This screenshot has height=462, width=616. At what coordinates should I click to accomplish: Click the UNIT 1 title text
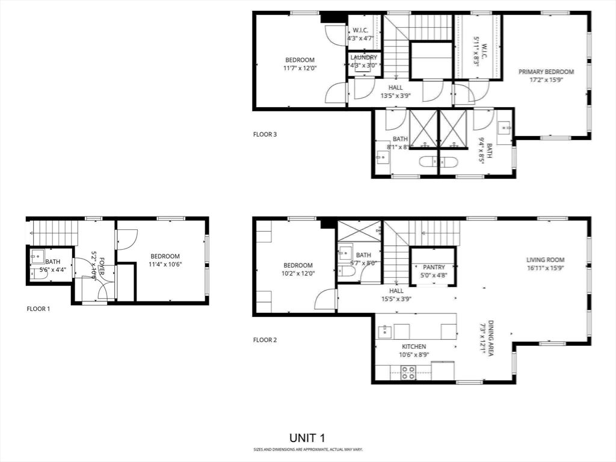click(307, 437)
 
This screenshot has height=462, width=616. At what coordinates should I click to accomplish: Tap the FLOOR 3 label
click(265, 135)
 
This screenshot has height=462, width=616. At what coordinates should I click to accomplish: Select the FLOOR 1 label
click(38, 309)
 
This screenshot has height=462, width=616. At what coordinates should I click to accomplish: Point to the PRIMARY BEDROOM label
click(546, 72)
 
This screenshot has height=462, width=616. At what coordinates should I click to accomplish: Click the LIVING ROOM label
click(545, 260)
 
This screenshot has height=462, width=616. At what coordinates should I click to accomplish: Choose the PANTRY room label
click(433, 267)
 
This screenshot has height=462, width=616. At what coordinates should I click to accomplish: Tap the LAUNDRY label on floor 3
click(363, 58)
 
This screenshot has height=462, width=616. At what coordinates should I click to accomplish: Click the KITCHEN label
click(414, 346)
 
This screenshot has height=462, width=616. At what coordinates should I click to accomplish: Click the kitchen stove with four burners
click(408, 372)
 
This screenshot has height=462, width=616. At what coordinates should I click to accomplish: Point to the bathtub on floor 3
click(438, 162)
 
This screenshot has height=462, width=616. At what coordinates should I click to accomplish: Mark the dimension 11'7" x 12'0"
click(300, 68)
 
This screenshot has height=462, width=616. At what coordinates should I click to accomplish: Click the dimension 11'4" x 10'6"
click(165, 264)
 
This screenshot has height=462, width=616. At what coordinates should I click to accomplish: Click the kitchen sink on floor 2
click(386, 331)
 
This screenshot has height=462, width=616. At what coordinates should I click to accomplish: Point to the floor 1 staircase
click(54, 232)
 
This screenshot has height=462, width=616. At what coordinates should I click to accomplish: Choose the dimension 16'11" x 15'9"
click(545, 268)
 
